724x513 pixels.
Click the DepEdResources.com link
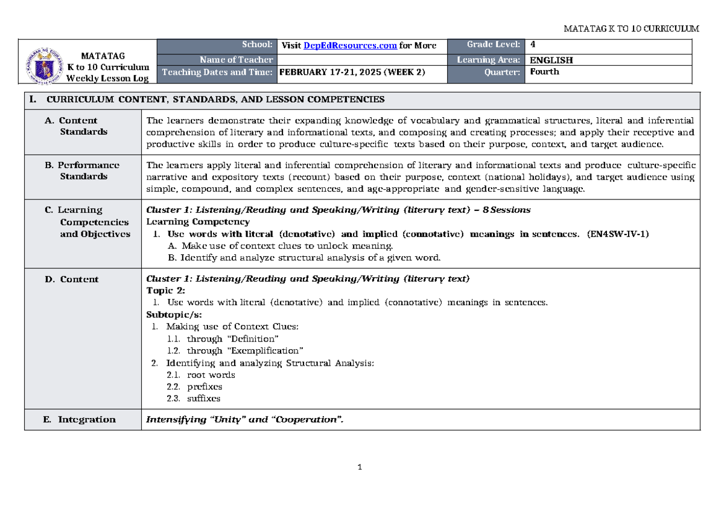[x=350, y=45]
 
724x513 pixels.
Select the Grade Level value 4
[x=532, y=45]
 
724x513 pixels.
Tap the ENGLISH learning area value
[x=551, y=60]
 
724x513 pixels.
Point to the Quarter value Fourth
[x=544, y=72]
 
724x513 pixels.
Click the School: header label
[x=256, y=45]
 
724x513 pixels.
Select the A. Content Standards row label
[x=78, y=126]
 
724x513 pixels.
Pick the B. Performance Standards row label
[x=82, y=170]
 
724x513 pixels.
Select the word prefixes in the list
[x=205, y=387]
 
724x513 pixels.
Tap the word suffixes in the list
[x=203, y=399]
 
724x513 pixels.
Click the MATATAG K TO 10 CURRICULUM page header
[x=630, y=28]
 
